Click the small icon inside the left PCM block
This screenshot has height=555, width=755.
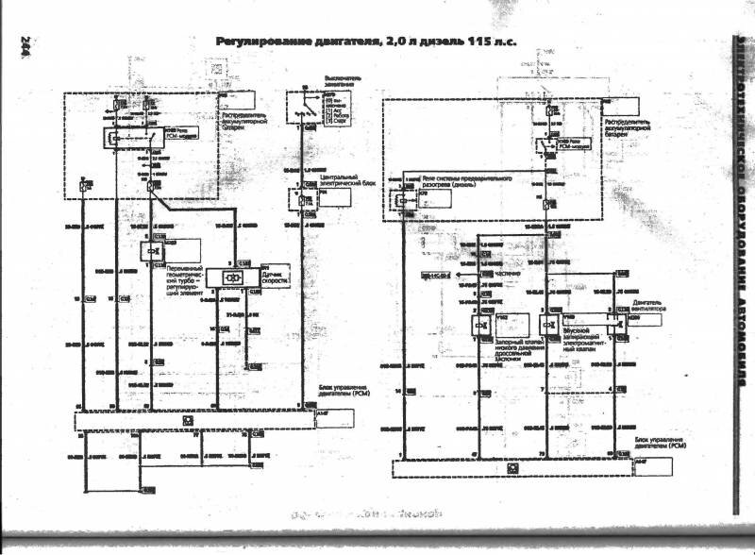(x=188, y=419)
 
